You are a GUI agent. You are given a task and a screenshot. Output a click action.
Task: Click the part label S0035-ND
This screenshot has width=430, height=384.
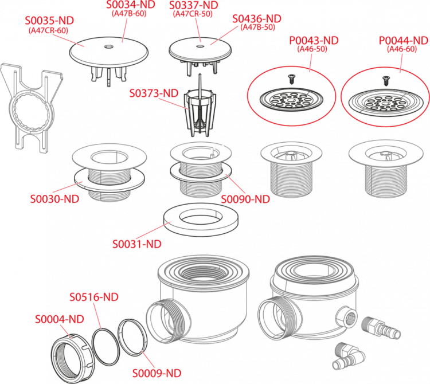[49, 21]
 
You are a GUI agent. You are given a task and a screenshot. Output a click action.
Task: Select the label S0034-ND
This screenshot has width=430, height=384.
[131, 5]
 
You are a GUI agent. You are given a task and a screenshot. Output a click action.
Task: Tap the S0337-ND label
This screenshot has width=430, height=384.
[194, 5]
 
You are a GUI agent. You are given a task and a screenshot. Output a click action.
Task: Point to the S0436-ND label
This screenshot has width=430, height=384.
[257, 19]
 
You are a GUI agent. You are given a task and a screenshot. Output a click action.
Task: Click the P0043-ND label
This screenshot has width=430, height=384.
[314, 41]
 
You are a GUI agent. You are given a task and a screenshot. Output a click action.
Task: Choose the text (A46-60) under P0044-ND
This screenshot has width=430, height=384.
[402, 49]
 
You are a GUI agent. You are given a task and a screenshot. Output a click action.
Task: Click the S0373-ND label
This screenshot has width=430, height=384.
[154, 93]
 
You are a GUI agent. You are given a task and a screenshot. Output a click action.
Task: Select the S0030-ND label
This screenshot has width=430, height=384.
[54, 199]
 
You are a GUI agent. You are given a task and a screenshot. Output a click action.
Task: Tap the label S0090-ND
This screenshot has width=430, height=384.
[245, 199]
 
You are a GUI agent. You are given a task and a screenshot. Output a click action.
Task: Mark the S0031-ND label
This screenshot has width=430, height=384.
[137, 244]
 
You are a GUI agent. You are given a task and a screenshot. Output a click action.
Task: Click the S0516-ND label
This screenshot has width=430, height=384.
[94, 297]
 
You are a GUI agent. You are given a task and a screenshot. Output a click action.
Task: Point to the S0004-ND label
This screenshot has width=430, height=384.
[60, 319]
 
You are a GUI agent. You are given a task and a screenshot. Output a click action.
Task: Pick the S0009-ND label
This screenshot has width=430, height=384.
[157, 373]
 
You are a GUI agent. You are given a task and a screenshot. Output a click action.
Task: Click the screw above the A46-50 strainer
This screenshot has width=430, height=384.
[291, 80]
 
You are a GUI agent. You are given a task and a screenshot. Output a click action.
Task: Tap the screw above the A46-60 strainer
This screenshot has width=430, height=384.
[386, 81]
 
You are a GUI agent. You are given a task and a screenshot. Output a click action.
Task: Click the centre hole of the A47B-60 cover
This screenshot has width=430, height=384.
[109, 45]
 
